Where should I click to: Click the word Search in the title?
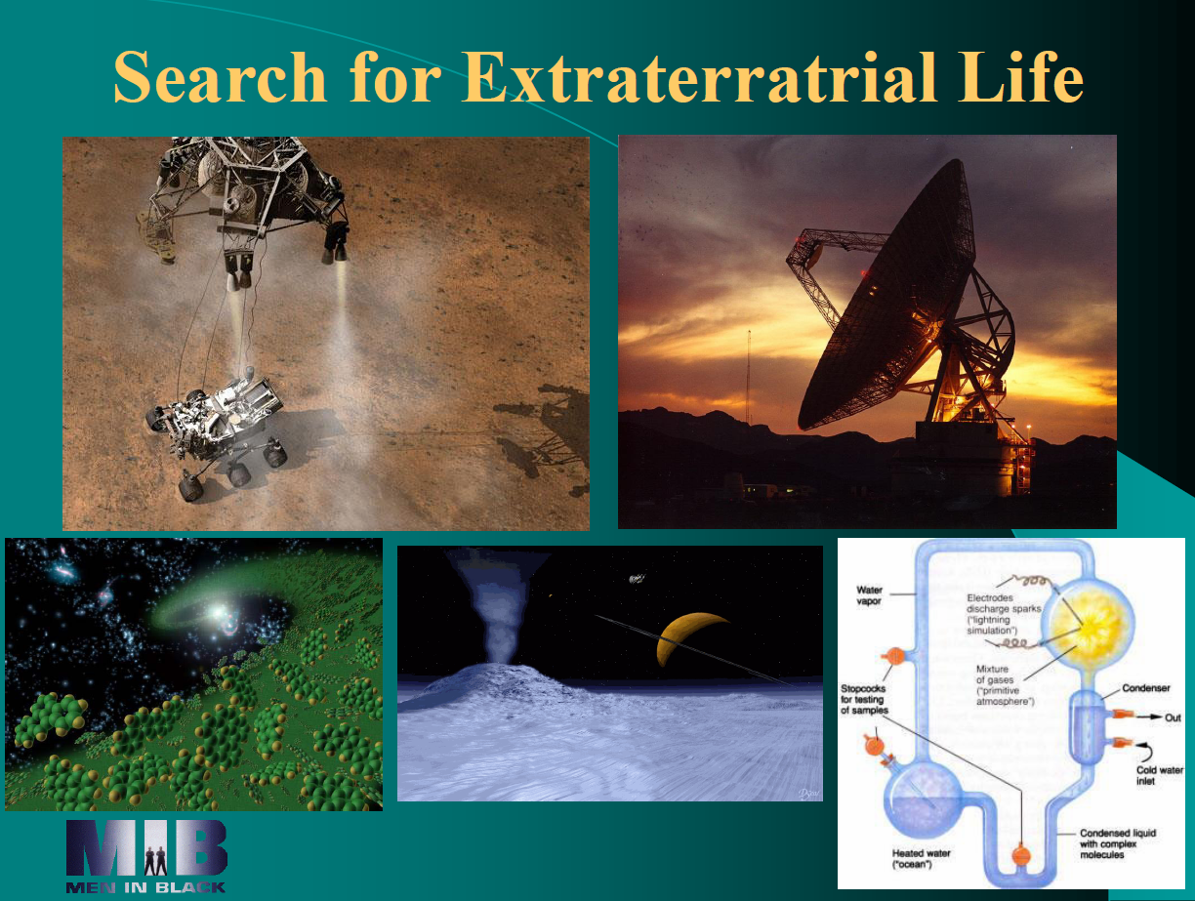coord(220,77)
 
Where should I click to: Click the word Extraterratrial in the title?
coord(698,77)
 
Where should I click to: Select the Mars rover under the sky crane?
coord(217,430)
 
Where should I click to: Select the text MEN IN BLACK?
coord(145,887)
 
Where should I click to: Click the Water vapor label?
coord(869,595)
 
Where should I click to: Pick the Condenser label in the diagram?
coord(1145,688)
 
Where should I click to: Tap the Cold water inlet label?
coord(1160,775)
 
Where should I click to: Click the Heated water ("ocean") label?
coord(922,859)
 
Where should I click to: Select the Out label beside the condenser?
coord(1173,717)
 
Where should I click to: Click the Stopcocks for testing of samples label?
coord(864,699)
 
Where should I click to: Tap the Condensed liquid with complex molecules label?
coord(1118,843)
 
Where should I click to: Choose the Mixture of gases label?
coord(1005,685)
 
